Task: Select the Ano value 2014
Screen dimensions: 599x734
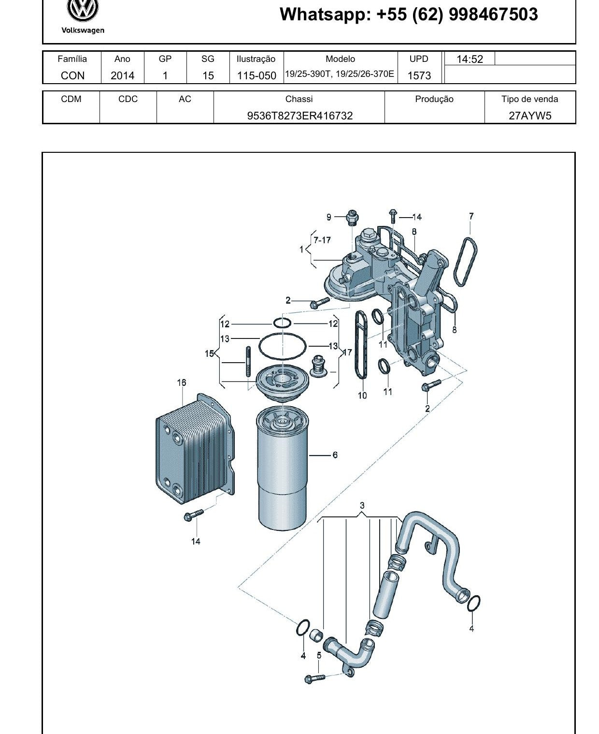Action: tap(122, 75)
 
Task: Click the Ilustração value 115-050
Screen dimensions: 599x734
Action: tap(257, 75)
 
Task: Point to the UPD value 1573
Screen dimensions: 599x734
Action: tap(419, 75)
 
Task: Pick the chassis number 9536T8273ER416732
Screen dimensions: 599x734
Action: tap(299, 116)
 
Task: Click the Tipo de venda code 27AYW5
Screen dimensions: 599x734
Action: tap(530, 116)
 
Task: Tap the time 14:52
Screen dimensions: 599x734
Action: tap(470, 59)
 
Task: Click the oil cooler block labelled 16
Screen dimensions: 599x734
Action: tap(195, 449)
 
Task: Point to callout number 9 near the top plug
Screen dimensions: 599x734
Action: tap(329, 217)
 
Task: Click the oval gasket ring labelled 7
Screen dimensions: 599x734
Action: tap(465, 262)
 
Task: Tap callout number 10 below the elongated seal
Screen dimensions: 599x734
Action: tap(362, 396)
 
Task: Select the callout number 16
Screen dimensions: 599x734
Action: tap(182, 382)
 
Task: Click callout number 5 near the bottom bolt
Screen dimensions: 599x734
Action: tap(319, 655)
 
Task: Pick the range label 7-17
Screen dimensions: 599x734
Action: tap(322, 240)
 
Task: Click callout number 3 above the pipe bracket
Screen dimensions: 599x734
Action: tap(362, 505)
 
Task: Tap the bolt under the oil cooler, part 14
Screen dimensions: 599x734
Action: tap(193, 515)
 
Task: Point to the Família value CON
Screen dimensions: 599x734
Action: tap(72, 75)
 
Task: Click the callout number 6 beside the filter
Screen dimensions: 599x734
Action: tap(335, 455)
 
